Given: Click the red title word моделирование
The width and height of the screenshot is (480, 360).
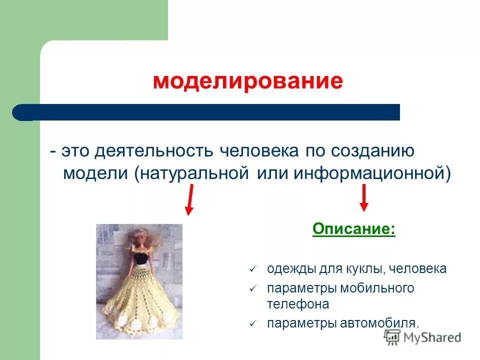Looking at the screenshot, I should (247, 81).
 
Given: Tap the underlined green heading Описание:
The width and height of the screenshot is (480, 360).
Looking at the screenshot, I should (353, 229).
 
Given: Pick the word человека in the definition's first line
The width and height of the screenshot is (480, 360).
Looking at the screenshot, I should (257, 151).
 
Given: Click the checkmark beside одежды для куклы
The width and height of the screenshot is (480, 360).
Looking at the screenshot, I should (252, 269).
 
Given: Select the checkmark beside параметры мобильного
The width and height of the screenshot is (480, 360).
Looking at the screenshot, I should (252, 289).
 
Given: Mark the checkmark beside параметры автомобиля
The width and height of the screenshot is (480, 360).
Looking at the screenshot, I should (252, 323).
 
